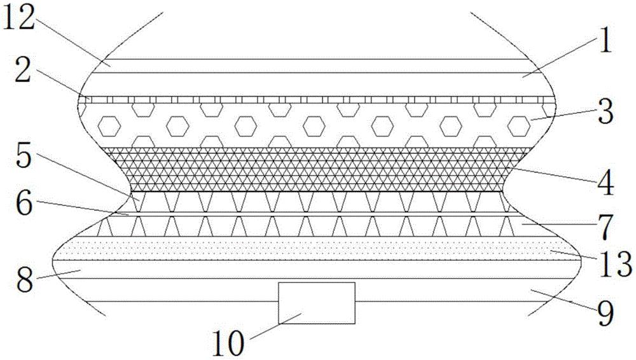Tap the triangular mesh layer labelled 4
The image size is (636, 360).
[x=318, y=168]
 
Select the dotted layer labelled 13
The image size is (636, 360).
[x=318, y=248]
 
